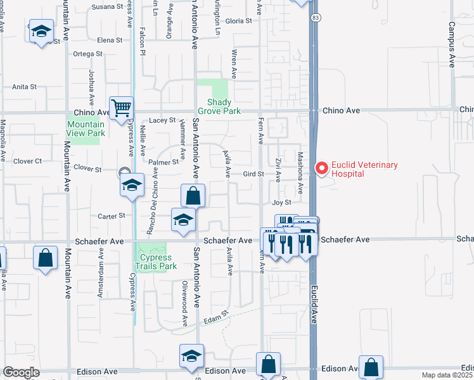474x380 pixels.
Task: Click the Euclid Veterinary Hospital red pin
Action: pyautogui.click(x=321, y=168)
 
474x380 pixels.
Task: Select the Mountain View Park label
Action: pyautogui.click(x=86, y=129)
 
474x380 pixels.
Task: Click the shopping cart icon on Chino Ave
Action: pyautogui.click(x=120, y=108)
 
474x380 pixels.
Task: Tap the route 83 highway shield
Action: pyautogui.click(x=315, y=18)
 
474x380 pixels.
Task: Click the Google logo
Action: pyautogui.click(x=21, y=372)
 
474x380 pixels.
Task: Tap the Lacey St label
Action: pyautogui.click(x=162, y=120)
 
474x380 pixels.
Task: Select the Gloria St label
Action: pyautogui.click(x=238, y=21)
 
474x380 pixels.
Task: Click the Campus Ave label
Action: pyautogui.click(x=452, y=44)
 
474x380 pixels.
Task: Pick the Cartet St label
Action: pyautogui.click(x=112, y=216)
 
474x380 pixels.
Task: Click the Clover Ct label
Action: pyautogui.click(x=28, y=161)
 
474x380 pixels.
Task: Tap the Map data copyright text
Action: pyautogui.click(x=447, y=375)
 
